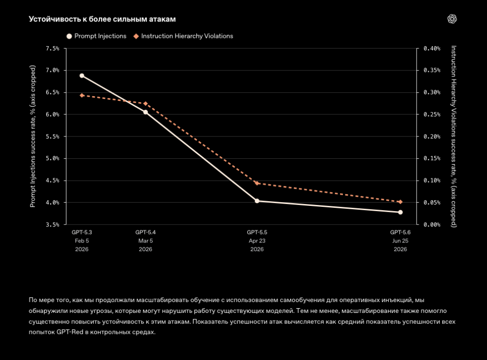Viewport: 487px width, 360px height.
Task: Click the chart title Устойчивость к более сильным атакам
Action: click(x=102, y=19)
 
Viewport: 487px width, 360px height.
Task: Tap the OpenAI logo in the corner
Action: click(x=452, y=19)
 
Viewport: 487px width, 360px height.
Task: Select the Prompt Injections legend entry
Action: click(x=96, y=36)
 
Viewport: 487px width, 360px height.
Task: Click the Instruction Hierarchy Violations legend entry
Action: click(x=183, y=36)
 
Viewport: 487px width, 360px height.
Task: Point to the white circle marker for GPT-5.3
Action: click(x=82, y=76)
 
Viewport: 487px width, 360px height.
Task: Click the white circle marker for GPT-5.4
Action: click(x=146, y=112)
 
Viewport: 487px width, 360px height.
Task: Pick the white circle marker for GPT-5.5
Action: click(x=257, y=201)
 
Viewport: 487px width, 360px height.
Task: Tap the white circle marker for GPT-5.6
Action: click(x=400, y=212)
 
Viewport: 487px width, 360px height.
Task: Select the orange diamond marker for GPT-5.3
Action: click(x=82, y=96)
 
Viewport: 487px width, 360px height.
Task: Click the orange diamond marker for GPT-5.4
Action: click(x=146, y=103)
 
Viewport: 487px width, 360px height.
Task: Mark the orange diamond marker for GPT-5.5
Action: click(x=257, y=183)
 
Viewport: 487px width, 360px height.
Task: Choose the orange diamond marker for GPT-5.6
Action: click(x=400, y=202)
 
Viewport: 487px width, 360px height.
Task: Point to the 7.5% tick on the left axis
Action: click(x=52, y=49)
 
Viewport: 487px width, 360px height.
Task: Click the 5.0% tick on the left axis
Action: click(x=52, y=158)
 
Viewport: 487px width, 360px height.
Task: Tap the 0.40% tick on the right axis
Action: click(x=432, y=49)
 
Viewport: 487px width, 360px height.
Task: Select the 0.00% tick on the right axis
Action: click(x=432, y=224)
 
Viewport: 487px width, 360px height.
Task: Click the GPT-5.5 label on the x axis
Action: click(x=257, y=232)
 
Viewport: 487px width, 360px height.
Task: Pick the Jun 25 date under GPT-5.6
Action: click(x=400, y=241)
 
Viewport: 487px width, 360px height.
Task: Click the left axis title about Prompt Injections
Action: click(x=33, y=136)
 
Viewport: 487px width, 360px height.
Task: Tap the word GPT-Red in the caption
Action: click(x=70, y=332)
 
